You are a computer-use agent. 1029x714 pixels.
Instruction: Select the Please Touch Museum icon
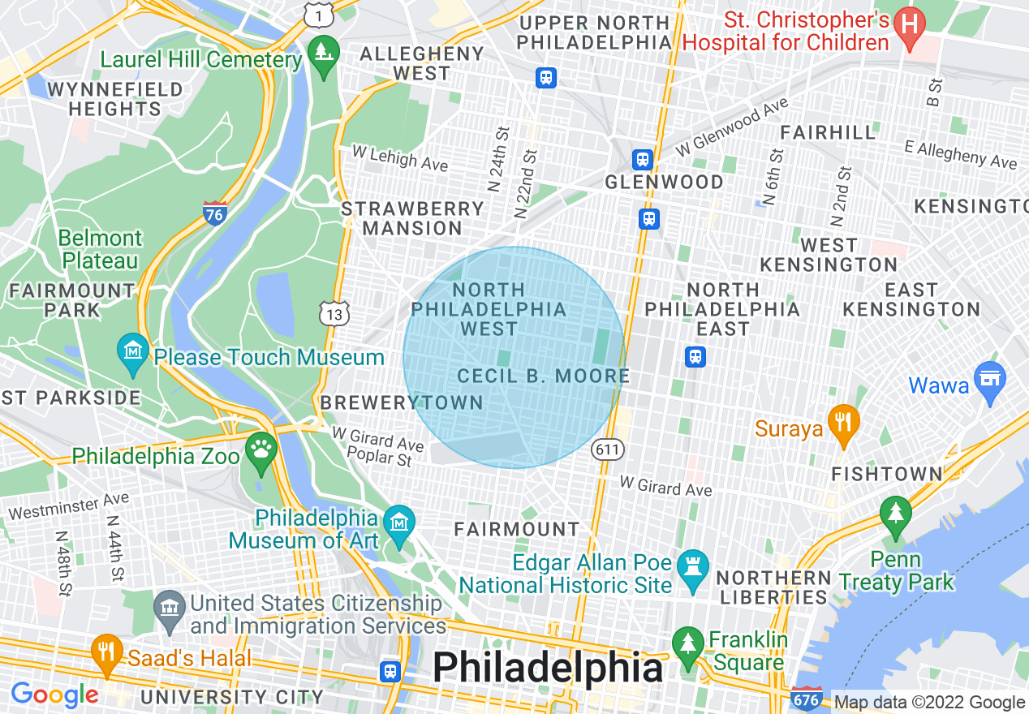[132, 352]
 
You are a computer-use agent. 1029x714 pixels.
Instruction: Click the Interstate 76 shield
[214, 213]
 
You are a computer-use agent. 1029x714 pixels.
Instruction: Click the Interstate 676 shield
[806, 699]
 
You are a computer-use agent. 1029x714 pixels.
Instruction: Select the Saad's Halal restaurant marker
[106, 652]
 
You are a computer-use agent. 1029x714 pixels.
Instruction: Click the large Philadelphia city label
[548, 667]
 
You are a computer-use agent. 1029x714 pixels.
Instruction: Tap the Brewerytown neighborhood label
[402, 402]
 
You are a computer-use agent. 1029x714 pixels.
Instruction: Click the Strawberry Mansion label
[412, 218]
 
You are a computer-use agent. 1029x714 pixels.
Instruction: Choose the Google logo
[54, 695]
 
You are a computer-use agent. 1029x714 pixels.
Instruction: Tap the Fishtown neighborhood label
[887, 474]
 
